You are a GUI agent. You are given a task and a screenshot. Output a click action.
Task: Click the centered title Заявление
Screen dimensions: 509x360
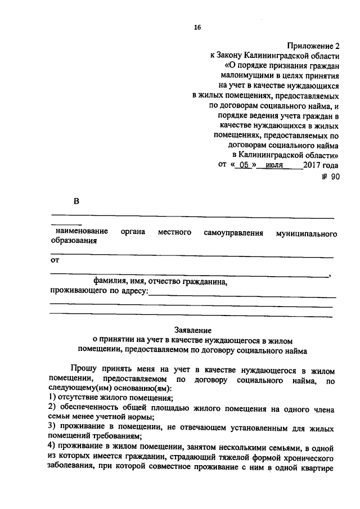click(193, 330)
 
